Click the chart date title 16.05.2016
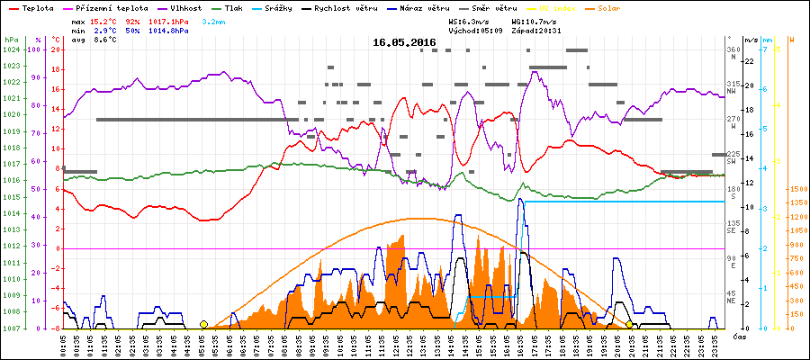tap(404, 42)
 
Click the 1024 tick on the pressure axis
tap(11, 49)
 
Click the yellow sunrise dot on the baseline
tap(203, 324)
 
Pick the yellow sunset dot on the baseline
tap(629, 324)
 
